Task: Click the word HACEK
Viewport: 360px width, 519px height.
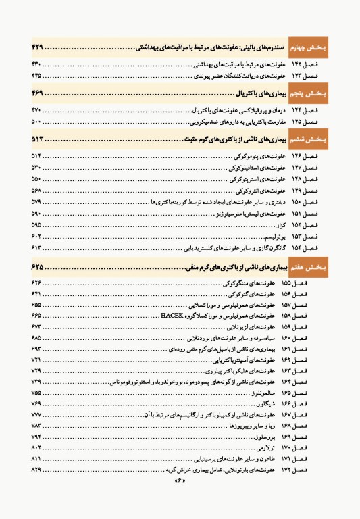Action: (174, 316)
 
